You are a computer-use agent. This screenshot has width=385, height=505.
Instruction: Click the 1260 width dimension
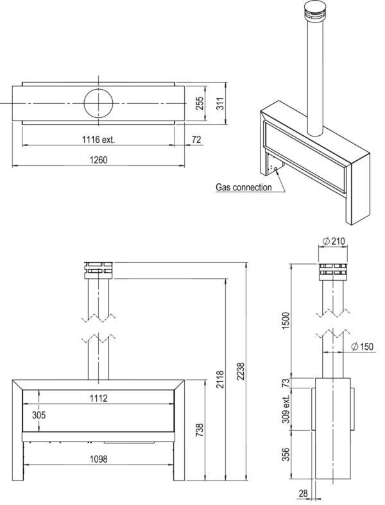[x=98, y=160]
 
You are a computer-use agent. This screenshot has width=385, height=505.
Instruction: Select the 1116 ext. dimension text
[x=98, y=140]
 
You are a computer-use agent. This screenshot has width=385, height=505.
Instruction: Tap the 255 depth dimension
[x=200, y=103]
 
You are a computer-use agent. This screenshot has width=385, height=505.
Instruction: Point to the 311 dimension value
[x=220, y=103]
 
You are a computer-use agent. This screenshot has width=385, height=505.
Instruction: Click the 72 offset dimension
[x=196, y=140]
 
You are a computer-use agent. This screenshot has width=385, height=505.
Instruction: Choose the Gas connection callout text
[x=244, y=187]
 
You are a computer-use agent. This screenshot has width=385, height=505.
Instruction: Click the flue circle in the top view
[x=98, y=103]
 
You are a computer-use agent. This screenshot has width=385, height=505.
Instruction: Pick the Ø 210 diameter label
[x=334, y=241]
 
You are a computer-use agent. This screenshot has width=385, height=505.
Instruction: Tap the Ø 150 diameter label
[x=362, y=347]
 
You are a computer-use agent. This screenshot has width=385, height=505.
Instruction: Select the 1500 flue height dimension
[x=286, y=320]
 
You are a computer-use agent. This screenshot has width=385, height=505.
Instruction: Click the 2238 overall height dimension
[x=240, y=371]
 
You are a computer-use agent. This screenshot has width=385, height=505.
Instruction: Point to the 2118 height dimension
[x=220, y=379]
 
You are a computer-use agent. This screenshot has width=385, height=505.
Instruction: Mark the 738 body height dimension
[x=200, y=430]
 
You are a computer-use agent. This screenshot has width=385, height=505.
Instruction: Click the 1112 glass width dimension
[x=98, y=399]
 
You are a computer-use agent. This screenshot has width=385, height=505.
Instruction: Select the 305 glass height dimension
[x=38, y=415]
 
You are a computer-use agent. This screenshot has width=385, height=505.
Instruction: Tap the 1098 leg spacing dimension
[x=98, y=459]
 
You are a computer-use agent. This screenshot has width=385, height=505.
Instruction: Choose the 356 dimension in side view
[x=286, y=454]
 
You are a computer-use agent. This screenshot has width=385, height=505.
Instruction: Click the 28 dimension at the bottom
[x=304, y=493]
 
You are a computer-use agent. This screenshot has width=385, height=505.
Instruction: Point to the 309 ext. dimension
[x=286, y=409]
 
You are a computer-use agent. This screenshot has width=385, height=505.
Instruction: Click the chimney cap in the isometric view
[x=315, y=11]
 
